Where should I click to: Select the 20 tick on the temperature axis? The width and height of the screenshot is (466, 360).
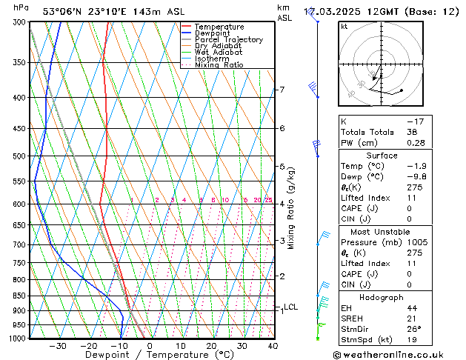211,346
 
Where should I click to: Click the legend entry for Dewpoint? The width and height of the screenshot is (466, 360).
212,33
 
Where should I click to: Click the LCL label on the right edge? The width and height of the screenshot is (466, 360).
290,307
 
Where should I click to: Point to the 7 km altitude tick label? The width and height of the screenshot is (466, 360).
282,90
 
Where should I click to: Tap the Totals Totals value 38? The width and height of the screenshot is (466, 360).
413,132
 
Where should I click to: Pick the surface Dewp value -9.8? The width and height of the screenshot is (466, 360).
416,177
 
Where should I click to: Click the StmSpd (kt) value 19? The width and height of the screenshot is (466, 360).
413,341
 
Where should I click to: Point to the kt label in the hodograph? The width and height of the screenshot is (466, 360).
344,27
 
